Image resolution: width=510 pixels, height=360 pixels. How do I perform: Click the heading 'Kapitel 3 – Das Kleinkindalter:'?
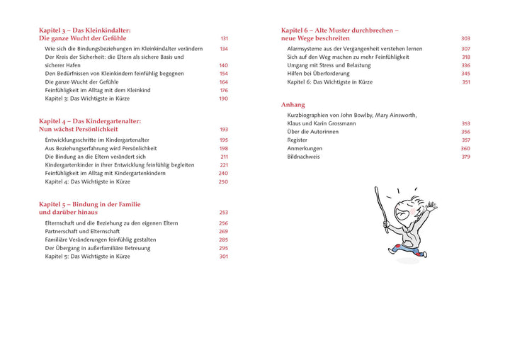[x=85, y=30]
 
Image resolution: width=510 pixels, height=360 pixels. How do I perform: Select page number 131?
[x=224, y=38]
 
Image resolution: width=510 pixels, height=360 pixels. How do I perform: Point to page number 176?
[x=224, y=91]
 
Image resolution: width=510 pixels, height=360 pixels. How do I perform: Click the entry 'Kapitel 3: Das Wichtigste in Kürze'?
[x=87, y=99]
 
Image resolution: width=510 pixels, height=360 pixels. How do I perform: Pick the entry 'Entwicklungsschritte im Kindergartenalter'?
[x=91, y=140]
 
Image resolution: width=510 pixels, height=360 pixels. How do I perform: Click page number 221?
[x=224, y=165]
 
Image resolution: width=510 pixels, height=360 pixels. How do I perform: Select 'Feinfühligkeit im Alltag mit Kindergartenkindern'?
[x=105, y=174]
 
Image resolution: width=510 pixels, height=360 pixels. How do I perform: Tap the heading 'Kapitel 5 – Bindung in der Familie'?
[x=89, y=204]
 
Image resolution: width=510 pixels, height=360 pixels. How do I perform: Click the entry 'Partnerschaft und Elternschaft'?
[x=82, y=232]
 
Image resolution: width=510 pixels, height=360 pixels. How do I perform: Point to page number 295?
[x=224, y=248]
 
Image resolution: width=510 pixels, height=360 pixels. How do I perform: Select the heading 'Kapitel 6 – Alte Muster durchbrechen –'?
[x=339, y=30]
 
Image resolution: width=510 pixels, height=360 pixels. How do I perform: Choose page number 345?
[x=465, y=74]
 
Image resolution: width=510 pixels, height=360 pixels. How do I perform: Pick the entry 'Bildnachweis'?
[x=303, y=157]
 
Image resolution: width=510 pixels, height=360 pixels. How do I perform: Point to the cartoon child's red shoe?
[x=394, y=249]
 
